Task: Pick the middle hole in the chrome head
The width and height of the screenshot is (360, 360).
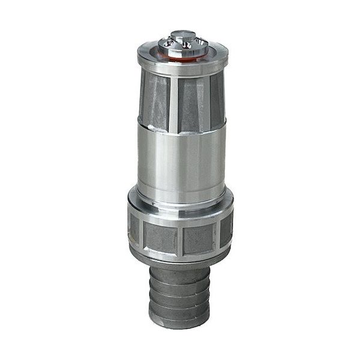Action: [x=184, y=44]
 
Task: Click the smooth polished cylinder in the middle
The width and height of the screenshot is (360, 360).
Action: [x=180, y=159]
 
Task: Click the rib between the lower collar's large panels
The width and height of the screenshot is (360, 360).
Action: [x=180, y=239]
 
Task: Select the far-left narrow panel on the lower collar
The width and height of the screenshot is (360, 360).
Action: [x=134, y=230]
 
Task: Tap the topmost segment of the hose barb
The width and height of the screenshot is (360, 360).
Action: [x=180, y=277]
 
